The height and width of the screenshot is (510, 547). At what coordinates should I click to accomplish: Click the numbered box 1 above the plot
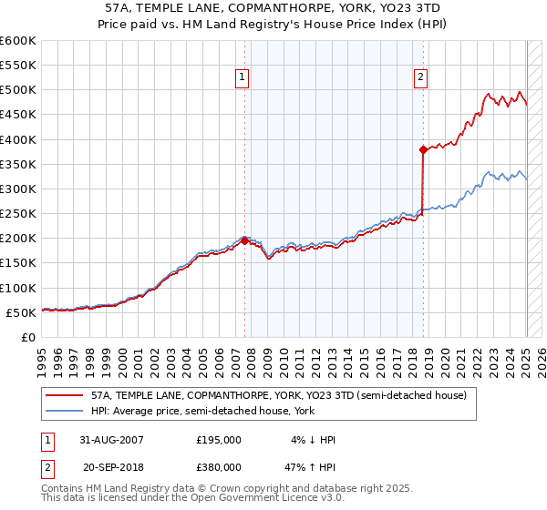click(243, 78)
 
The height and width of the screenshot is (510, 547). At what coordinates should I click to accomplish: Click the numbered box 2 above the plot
click(420, 78)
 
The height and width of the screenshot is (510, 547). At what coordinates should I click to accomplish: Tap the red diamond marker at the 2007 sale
click(245, 240)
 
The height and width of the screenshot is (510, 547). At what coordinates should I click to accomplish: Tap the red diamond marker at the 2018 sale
click(423, 149)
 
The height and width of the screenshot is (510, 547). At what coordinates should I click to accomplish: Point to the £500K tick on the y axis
click(18, 90)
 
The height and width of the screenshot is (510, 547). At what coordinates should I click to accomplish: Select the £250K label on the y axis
click(18, 213)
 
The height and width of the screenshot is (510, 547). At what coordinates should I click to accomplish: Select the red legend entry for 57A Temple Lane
click(279, 395)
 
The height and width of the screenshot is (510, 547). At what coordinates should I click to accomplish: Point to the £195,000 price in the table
click(219, 439)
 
